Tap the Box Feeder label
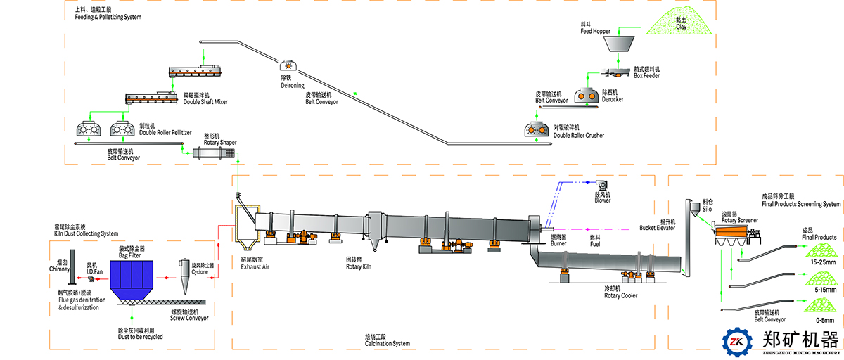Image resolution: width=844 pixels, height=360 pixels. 648,75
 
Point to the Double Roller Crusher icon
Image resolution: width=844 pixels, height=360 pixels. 538,130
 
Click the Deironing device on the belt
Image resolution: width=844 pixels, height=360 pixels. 288,64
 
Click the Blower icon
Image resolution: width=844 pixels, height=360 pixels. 602,185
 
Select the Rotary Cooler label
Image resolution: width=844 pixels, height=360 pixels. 620,295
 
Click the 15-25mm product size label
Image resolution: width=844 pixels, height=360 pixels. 822,262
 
